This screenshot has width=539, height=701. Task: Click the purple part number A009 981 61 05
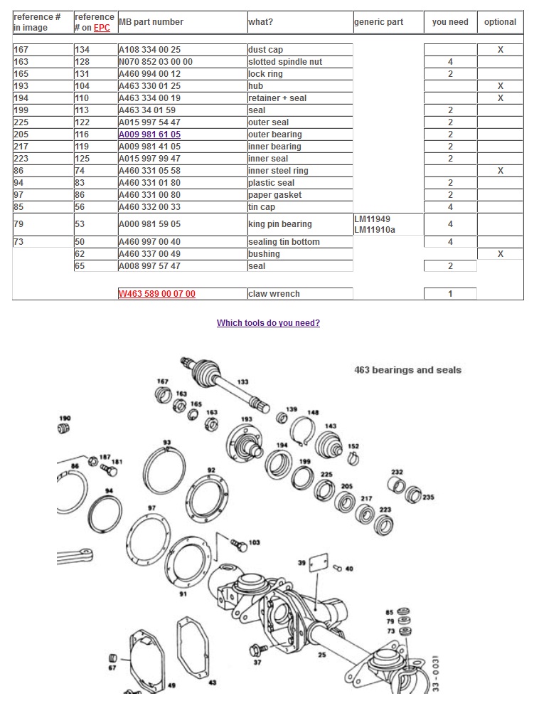pos(149,135)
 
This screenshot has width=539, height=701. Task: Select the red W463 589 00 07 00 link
pos(156,294)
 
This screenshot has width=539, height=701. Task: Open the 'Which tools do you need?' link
pos(268,323)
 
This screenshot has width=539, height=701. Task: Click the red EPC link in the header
pos(102,28)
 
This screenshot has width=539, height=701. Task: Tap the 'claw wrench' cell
pos(274,294)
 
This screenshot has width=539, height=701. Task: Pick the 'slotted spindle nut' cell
pos(284,62)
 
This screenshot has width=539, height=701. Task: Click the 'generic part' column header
pos(378,22)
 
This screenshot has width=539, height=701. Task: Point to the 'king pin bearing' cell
pos(279,224)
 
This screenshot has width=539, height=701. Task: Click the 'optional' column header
pos(500,22)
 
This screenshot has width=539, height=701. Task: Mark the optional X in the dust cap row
pos(500,50)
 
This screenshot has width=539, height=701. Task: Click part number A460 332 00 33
pos(149,207)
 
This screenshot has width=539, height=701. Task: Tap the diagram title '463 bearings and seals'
pos(407,370)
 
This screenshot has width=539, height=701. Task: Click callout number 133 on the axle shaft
pos(243,382)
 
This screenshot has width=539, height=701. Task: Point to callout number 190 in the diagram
pos(65,418)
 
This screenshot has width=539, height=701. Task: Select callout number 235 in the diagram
pos(428,497)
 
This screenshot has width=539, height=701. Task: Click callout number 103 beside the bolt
pos(254,542)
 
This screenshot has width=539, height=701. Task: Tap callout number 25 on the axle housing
pos(321,655)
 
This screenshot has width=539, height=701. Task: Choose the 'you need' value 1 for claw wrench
pos(450,294)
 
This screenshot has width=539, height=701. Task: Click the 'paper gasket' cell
pos(274,195)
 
